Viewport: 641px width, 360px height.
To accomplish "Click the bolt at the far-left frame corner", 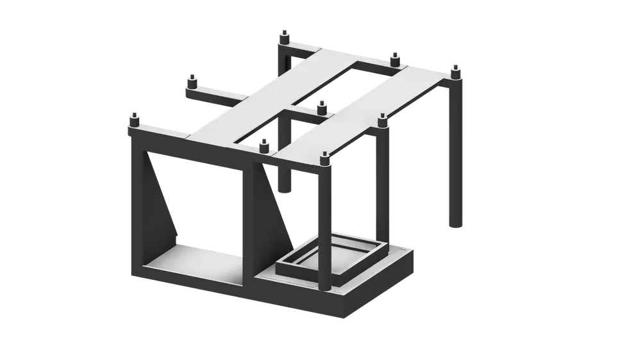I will click(134, 119).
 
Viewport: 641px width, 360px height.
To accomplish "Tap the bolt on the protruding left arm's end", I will click(191, 83).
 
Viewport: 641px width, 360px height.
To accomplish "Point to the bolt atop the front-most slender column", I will click(325, 158).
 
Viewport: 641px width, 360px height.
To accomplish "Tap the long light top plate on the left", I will click(269, 96).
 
